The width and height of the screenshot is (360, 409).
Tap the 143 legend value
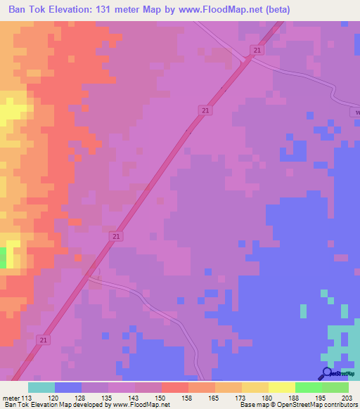(134, 397)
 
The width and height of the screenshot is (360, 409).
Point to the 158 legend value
(188, 397)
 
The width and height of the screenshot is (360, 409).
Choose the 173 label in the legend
(241, 397)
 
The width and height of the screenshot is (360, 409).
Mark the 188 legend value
(295, 397)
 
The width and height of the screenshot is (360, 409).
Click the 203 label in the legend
(347, 397)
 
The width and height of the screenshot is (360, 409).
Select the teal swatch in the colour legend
(41, 387)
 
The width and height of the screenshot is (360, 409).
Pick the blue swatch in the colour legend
(67, 387)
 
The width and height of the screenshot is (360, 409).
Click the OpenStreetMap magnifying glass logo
(327, 374)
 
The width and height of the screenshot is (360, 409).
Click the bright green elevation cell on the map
(3, 257)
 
